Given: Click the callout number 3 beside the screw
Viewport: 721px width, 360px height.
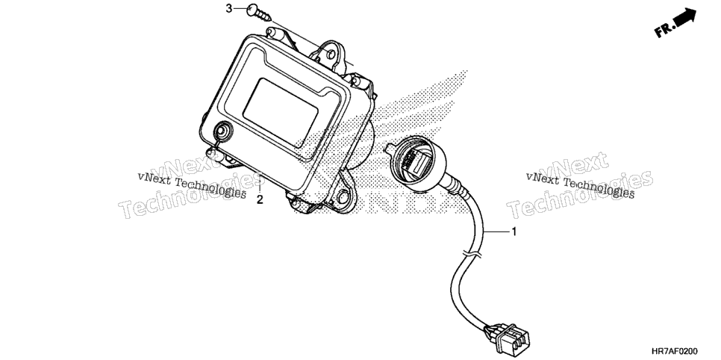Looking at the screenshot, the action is tap(229, 9).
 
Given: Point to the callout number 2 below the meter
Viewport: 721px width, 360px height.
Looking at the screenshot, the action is tap(260, 200).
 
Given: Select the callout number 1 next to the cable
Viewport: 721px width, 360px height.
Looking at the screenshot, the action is tap(514, 232).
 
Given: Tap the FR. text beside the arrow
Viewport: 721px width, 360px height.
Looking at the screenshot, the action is tap(665, 29).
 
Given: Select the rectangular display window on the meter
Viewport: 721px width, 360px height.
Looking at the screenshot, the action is tap(281, 113).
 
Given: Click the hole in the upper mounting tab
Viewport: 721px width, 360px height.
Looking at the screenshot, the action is tap(330, 55).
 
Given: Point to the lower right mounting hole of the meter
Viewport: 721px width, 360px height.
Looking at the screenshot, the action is tap(343, 197).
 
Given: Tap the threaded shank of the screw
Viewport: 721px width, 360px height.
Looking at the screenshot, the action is tap(265, 17).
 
